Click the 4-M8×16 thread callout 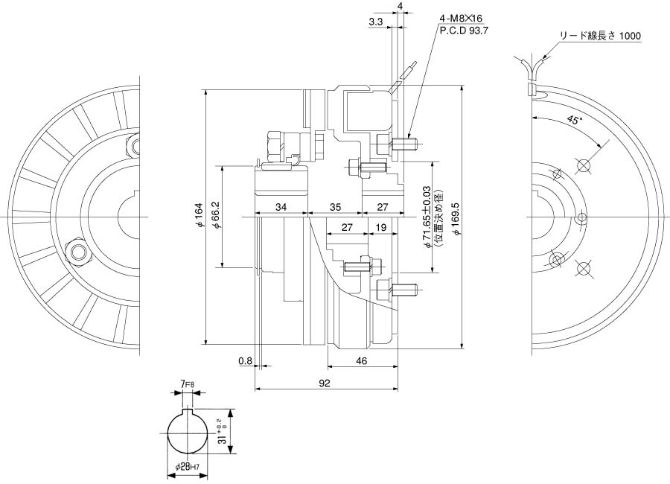tap(462, 19)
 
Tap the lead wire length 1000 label tap(599, 36)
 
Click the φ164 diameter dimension tap(199, 216)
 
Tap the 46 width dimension tap(361, 361)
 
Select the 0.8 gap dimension tap(245, 361)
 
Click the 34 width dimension tap(281, 206)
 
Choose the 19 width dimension tap(380, 227)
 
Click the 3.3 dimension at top tap(375, 23)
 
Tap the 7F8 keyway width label tap(187, 385)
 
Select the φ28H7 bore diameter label tap(187, 467)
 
